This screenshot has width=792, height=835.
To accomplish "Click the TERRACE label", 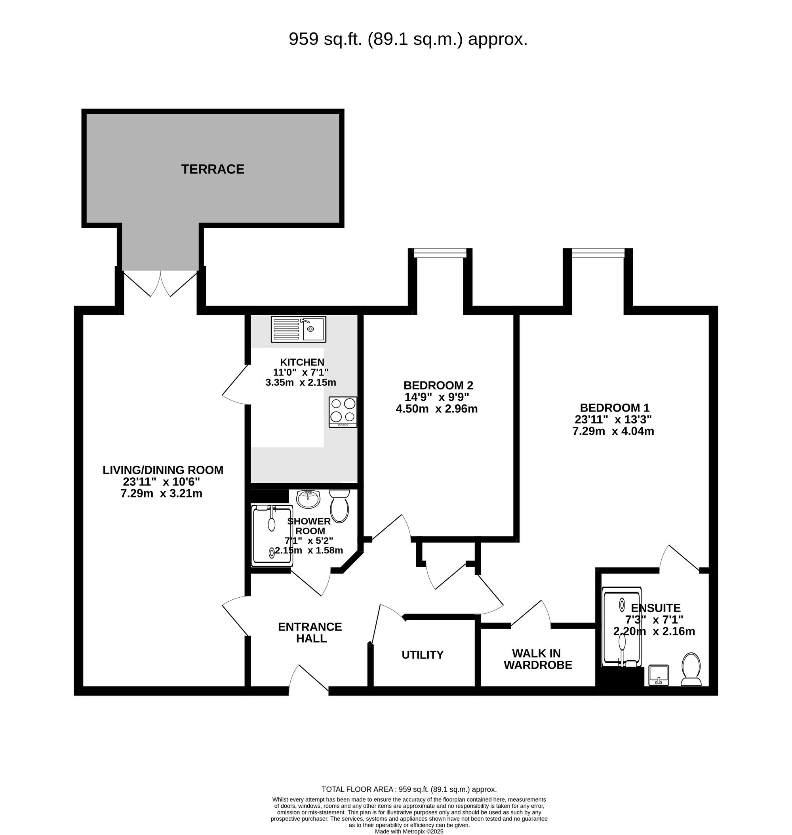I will pos(213,170).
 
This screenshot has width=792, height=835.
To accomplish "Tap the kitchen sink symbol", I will pos(299,330).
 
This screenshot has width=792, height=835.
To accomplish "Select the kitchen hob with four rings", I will pos(343,412).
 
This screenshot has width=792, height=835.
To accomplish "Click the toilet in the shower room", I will pos(339,505).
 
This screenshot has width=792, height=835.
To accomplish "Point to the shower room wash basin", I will pos(308,499).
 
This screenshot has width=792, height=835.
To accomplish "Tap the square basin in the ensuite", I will pos(657,675).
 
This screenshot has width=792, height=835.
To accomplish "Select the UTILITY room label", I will pos(422,655).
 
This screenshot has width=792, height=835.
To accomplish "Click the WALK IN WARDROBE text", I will pos(537,659).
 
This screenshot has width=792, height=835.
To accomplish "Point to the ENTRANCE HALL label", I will pos(310,632).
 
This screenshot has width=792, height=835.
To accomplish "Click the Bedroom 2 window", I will pos(440,253).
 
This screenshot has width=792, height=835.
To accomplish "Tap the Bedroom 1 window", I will pos(598,253).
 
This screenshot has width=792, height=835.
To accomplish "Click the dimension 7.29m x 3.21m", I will pos(161,493).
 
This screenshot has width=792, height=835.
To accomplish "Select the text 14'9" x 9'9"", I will pos(437,397).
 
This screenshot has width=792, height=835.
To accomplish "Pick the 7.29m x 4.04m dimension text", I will pos(613,431).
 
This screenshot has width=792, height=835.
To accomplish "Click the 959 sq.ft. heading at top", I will pos(408,39).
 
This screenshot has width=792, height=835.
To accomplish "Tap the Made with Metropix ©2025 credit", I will pos(409,831).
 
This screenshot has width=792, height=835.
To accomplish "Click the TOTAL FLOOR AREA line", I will pos(409,789).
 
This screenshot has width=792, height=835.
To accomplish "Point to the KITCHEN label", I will pos(302,362).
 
